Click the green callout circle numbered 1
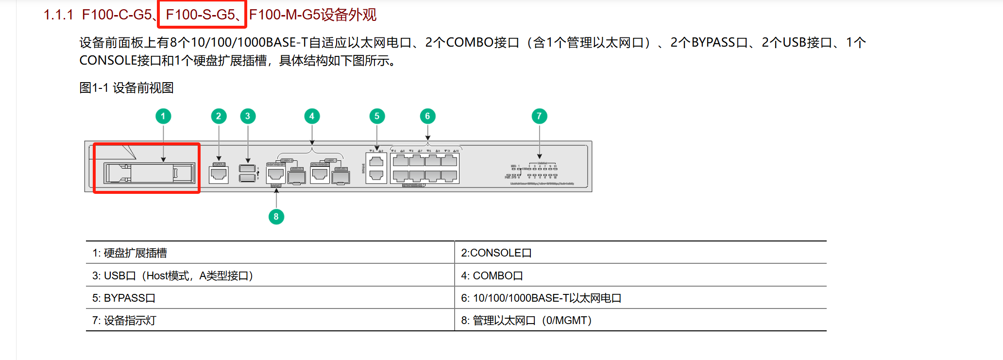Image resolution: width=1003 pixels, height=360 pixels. [x=163, y=116]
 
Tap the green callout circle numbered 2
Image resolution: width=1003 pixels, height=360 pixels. [x=219, y=116]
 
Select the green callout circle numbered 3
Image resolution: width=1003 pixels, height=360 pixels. [x=248, y=116]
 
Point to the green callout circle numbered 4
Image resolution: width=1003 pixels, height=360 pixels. [x=312, y=116]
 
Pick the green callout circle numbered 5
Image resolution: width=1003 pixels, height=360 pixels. [x=377, y=116]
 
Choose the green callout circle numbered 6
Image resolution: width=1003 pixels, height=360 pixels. [x=427, y=116]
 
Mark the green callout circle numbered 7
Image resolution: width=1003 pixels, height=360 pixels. [x=539, y=116]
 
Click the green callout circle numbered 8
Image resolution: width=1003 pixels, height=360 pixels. [x=276, y=217]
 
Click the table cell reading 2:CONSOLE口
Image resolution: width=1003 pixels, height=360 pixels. [x=496, y=253]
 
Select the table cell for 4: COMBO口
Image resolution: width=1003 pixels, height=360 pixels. [x=492, y=275]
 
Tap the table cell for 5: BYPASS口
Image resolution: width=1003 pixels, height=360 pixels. [x=123, y=298]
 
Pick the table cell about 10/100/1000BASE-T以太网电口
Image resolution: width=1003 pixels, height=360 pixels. [x=541, y=298]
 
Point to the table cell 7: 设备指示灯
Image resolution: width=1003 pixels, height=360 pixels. [x=124, y=321]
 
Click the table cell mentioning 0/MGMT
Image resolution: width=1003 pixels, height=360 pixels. [x=526, y=321]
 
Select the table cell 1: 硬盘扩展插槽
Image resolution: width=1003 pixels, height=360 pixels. [x=129, y=253]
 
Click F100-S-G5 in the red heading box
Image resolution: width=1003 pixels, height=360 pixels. [x=200, y=15]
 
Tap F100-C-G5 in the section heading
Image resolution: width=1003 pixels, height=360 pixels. [x=117, y=15]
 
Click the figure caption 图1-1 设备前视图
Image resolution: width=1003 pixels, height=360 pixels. [x=126, y=88]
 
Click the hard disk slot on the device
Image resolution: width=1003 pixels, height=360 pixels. [x=149, y=173]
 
